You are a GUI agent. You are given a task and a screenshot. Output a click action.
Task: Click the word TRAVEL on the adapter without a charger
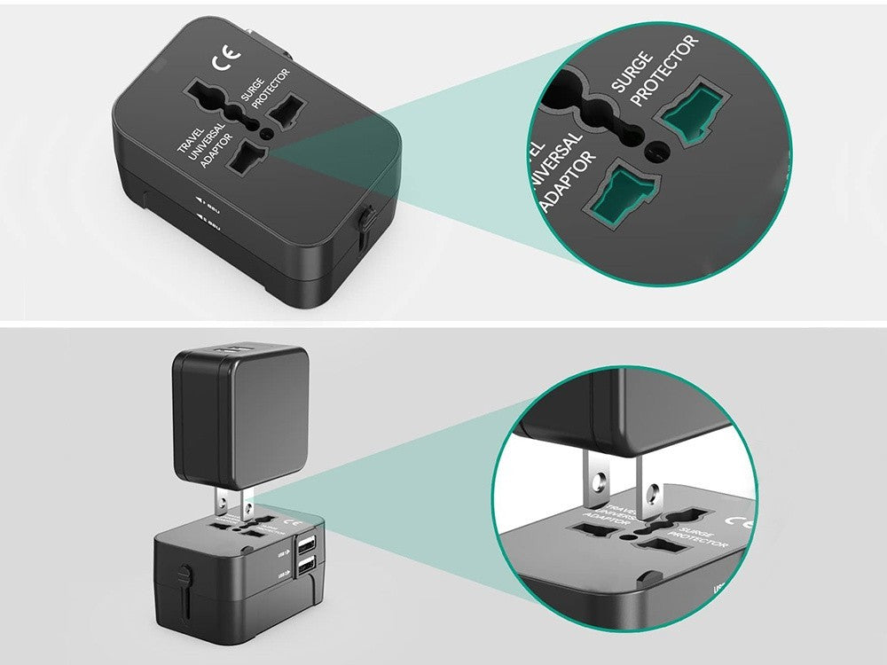pos(190,140)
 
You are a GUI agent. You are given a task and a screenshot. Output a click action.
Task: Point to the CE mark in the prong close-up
pos(738,521)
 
